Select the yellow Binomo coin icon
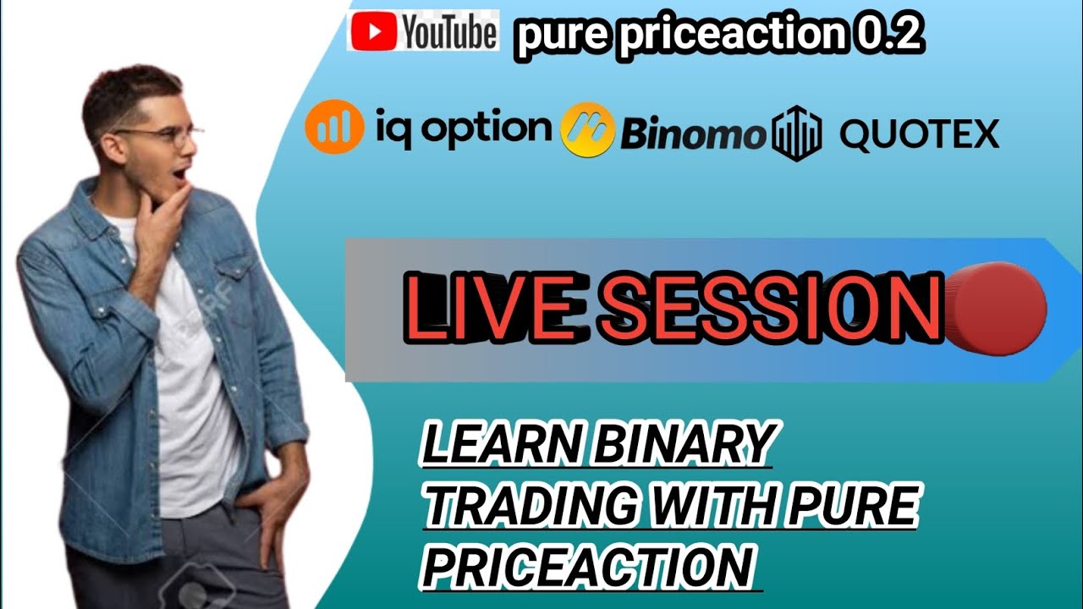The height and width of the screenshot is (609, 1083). click(587, 130)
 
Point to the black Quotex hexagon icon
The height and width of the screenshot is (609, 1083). click(796, 134)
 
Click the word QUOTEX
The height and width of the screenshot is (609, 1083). click(919, 134)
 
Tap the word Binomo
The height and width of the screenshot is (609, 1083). click(693, 134)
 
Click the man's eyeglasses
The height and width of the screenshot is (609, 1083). click(166, 134)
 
